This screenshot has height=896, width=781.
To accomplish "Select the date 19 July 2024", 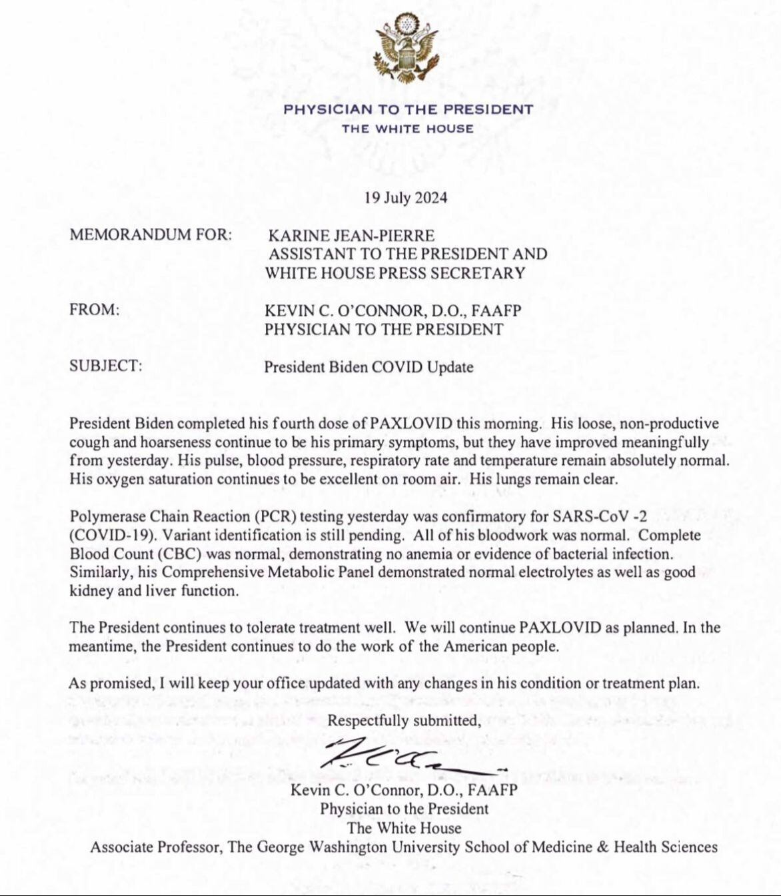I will tap(406, 198).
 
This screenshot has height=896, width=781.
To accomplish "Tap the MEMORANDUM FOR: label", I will tap(151, 235).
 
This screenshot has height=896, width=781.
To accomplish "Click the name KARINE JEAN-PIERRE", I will tap(351, 236).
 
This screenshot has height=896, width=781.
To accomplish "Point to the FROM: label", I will tap(94, 310).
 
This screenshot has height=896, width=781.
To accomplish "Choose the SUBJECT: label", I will tap(106, 366).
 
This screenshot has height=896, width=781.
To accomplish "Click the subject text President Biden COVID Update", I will tap(369, 367).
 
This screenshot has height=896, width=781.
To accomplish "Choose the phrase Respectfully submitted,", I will tap(404, 720).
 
